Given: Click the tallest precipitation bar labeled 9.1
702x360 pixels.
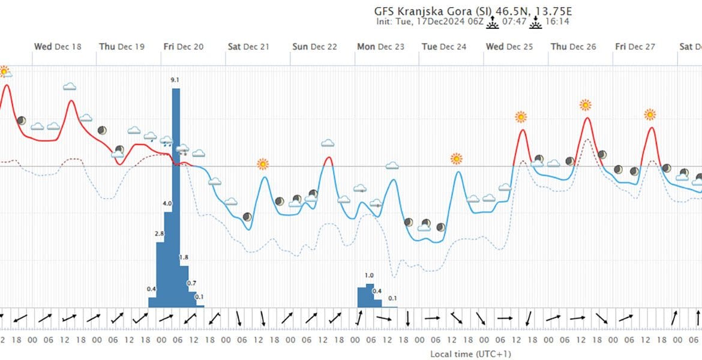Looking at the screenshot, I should pyautogui.click(x=176, y=198).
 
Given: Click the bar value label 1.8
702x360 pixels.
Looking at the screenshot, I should pyautogui.click(x=184, y=257).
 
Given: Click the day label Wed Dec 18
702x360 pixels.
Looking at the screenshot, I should pyautogui.click(x=58, y=47).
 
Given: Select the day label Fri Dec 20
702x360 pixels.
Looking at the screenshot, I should pyautogui.click(x=183, y=47).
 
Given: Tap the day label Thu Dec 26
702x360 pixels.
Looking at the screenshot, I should pyautogui.click(x=574, y=47).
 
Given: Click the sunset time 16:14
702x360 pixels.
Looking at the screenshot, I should pyautogui.click(x=557, y=22).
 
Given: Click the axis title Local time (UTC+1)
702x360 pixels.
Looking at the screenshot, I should pyautogui.click(x=470, y=354).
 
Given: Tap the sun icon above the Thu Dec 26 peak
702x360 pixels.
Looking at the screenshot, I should pyautogui.click(x=586, y=105).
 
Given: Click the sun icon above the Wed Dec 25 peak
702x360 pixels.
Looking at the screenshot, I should pyautogui.click(x=521, y=117).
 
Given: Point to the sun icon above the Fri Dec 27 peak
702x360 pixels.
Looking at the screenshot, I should pyautogui.click(x=650, y=115).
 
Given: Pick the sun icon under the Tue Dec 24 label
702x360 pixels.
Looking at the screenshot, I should pyautogui.click(x=457, y=159).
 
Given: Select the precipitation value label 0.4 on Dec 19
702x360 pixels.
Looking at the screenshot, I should pyautogui.click(x=151, y=289).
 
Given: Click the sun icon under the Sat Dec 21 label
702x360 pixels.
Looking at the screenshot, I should pyautogui.click(x=263, y=164).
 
